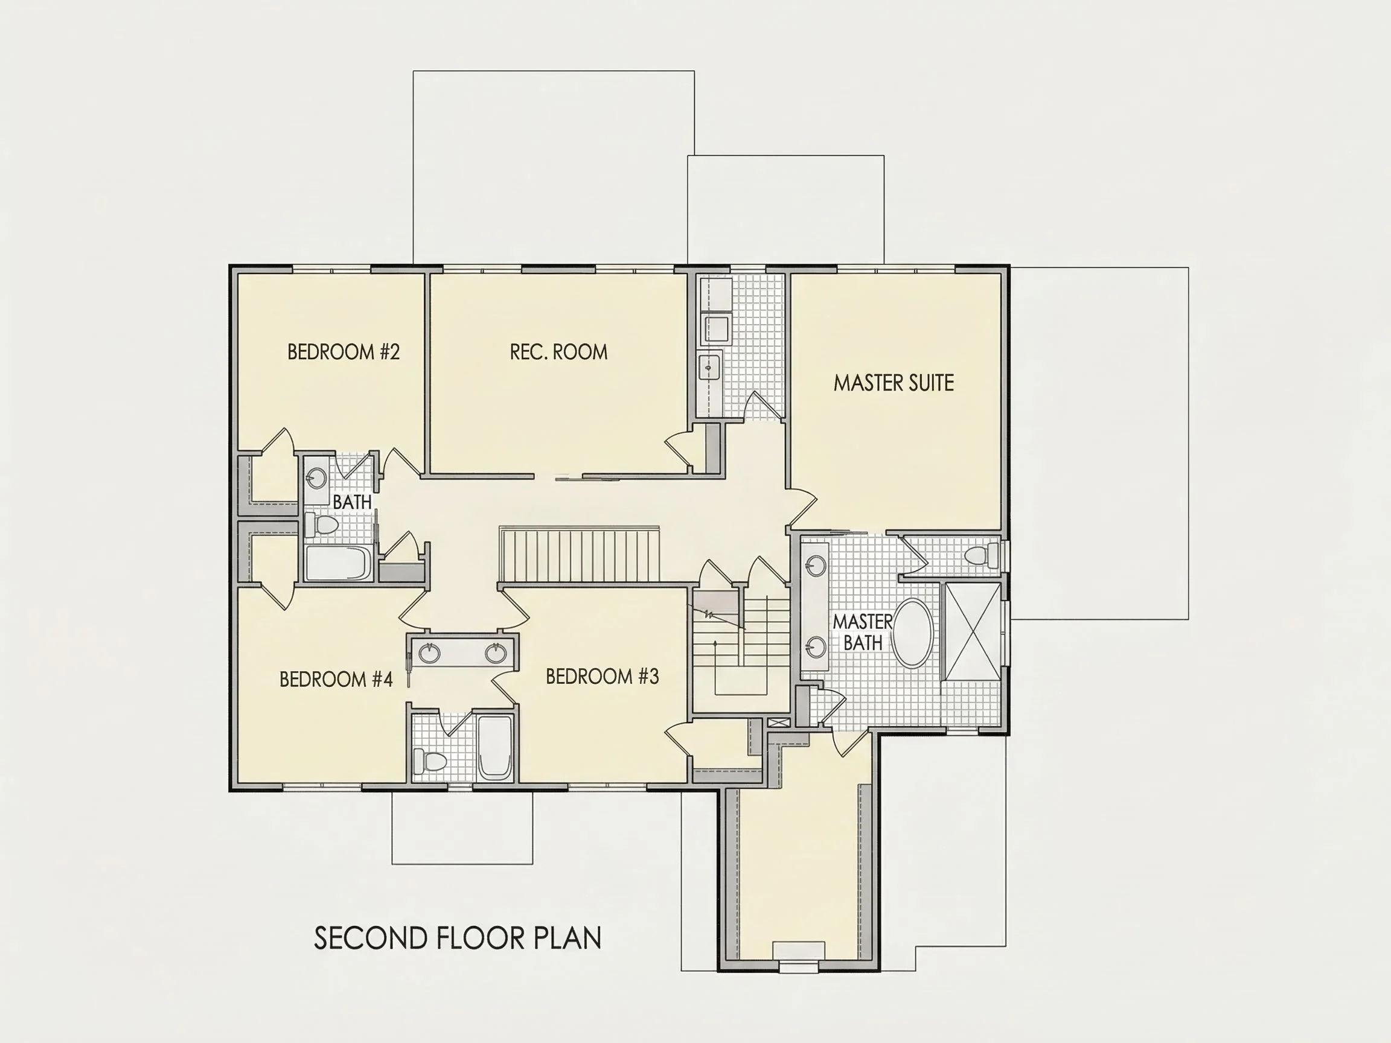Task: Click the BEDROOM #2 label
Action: click(344, 352)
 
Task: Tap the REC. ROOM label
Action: click(558, 352)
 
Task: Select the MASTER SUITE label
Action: click(894, 383)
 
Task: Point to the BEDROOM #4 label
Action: click(336, 679)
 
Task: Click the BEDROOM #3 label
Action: click(602, 677)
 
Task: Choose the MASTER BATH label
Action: click(862, 633)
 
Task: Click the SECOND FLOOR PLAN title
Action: click(457, 938)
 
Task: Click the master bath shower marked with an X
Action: click(973, 631)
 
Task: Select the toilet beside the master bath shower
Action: click(980, 556)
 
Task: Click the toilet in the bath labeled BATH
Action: click(321, 525)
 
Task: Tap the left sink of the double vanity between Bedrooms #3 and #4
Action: click(429, 653)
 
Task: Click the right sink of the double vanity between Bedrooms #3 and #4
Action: click(496, 653)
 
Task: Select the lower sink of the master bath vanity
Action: click(817, 646)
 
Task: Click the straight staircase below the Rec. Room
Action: click(579, 555)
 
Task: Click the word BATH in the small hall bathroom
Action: click(352, 502)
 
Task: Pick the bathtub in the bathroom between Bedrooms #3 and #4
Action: click(496, 748)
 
